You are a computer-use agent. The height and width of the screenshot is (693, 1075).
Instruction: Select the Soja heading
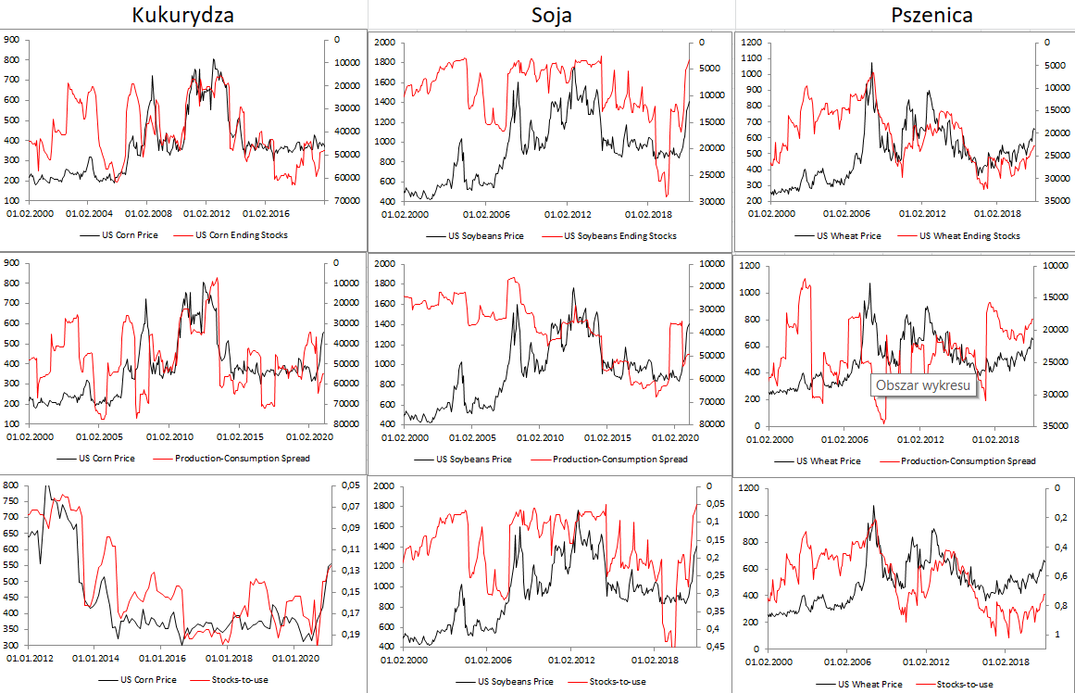click(x=552, y=15)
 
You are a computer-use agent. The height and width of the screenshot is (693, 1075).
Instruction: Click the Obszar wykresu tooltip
click(x=925, y=384)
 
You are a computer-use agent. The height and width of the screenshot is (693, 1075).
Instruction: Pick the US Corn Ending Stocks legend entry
click(x=242, y=234)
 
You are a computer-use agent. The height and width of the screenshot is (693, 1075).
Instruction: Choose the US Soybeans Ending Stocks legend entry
click(x=619, y=235)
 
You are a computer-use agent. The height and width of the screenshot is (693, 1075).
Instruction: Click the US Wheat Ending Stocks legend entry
click(x=969, y=235)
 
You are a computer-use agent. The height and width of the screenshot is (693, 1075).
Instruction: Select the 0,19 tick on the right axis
click(x=347, y=635)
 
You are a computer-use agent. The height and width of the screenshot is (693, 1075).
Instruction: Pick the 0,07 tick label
click(x=347, y=507)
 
